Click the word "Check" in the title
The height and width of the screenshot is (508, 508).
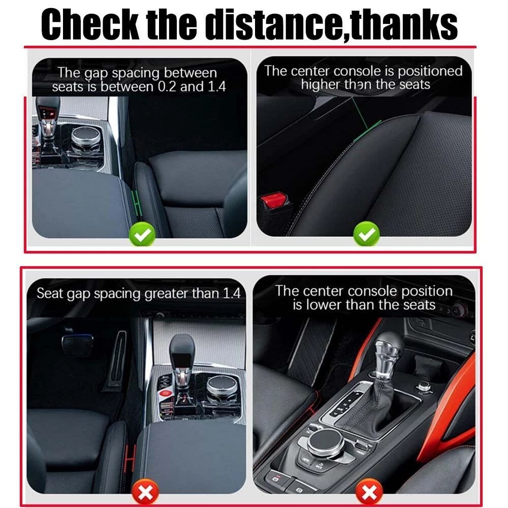click(x=90, y=24)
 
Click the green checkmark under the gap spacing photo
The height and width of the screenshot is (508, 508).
click(x=142, y=234)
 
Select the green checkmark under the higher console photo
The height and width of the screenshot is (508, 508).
click(x=366, y=234)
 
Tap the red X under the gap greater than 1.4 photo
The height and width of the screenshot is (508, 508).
click(x=145, y=492)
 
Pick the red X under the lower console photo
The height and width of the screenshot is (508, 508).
click(x=369, y=492)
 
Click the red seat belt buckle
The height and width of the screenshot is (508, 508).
click(x=274, y=201)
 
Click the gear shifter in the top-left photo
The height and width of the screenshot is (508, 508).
click(x=48, y=120)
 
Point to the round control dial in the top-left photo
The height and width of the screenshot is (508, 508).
click(x=86, y=138)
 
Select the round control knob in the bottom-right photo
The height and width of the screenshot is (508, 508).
click(x=326, y=442)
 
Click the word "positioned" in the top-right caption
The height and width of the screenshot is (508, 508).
click(x=430, y=72)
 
